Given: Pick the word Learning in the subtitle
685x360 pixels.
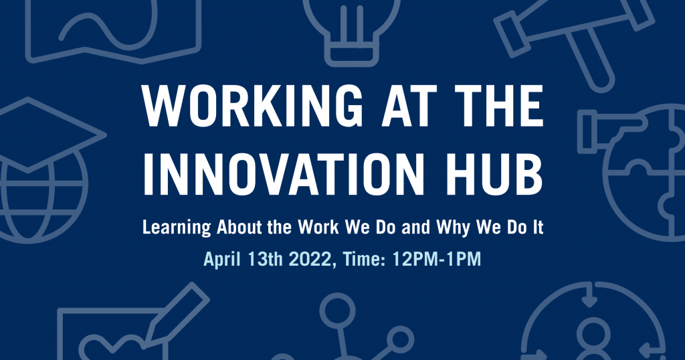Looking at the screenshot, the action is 177,228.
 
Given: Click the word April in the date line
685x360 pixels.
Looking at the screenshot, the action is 222,260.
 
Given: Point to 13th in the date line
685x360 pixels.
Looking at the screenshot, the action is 265,259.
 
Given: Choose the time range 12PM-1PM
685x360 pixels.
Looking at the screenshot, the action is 436,259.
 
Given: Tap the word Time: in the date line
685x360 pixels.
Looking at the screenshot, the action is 364,259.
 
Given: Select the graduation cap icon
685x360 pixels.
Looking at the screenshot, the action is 43,133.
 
